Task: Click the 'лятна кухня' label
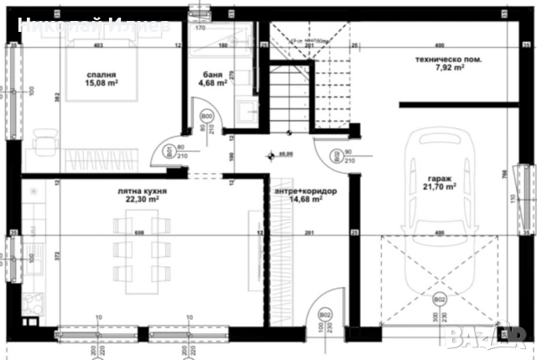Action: (139, 190)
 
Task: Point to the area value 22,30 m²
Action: (139, 200)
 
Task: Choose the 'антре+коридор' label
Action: (306, 191)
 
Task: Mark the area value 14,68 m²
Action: (306, 200)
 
